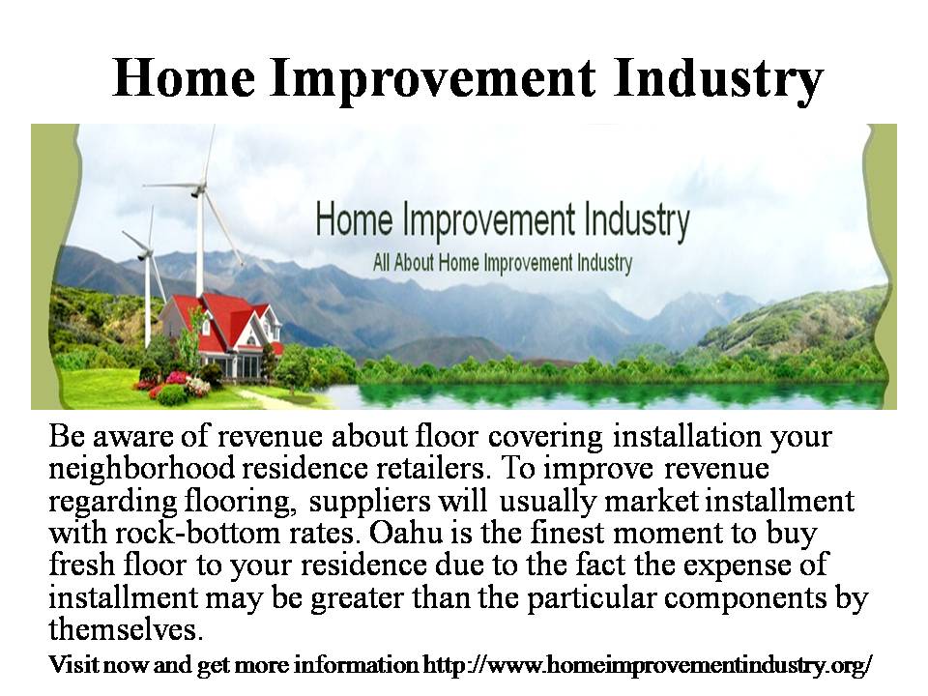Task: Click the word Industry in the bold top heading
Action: click(x=719, y=78)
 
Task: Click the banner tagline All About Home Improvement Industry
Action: click(x=503, y=262)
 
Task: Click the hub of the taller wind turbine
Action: click(x=196, y=192)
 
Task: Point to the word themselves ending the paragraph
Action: click(x=126, y=628)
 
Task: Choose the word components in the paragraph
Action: click(x=745, y=597)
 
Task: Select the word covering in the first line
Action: click(x=545, y=437)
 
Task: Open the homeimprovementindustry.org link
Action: click(x=648, y=665)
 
